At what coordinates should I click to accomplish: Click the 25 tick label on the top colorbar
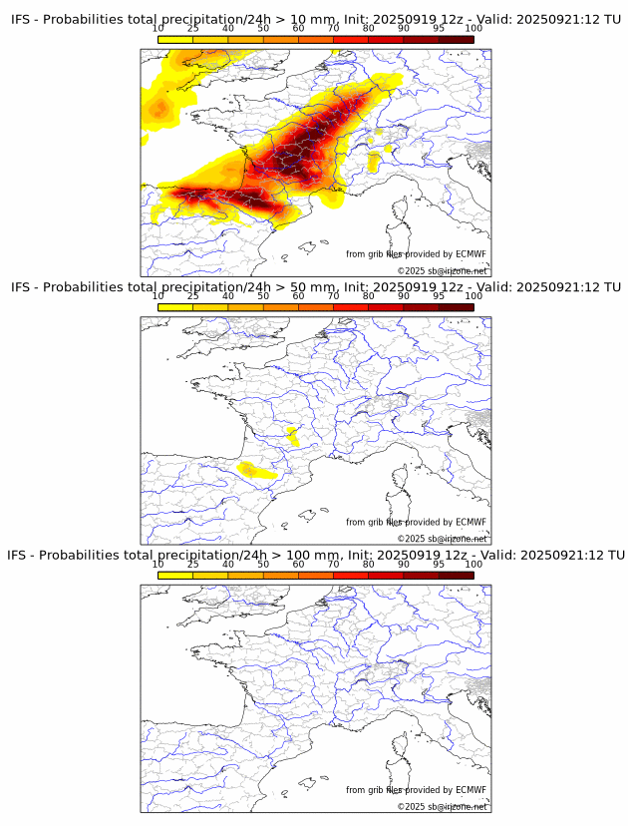coord(193,29)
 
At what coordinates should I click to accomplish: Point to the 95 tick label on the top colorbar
coord(439,29)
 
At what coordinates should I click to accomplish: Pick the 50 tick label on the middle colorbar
coord(263,296)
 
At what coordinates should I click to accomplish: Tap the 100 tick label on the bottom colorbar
coord(473,564)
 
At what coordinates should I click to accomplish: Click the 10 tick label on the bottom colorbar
coord(158,564)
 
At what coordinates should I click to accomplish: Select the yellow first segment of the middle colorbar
coord(175,306)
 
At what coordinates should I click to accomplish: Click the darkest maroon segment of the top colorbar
coord(457,39)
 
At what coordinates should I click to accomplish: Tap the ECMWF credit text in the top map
coord(416,254)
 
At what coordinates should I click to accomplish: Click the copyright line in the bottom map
coord(442,806)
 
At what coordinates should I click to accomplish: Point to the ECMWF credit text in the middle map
coord(416,522)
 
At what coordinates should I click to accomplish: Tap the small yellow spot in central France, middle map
coord(292,434)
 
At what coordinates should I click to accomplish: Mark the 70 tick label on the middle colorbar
coord(333,296)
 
